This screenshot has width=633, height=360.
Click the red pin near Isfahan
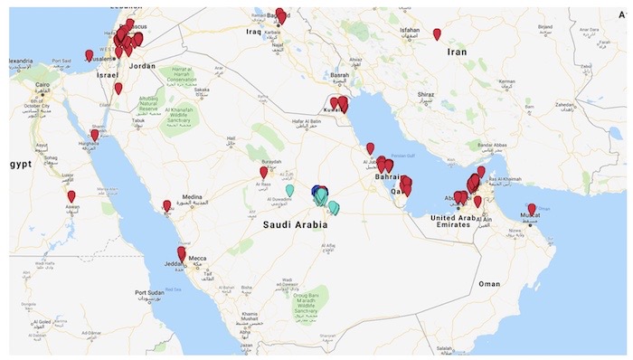click(x=437, y=34)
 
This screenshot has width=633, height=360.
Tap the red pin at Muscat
click(x=532, y=209)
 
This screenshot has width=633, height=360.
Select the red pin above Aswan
click(x=71, y=196)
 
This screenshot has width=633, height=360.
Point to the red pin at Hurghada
click(x=94, y=135)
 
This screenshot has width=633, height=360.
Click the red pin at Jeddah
click(x=182, y=254)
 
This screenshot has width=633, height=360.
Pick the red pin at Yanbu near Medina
click(x=166, y=205)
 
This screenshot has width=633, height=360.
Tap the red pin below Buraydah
click(x=264, y=172)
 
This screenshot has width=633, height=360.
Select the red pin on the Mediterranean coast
click(x=90, y=55)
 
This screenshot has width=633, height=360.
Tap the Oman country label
click(x=489, y=283)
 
